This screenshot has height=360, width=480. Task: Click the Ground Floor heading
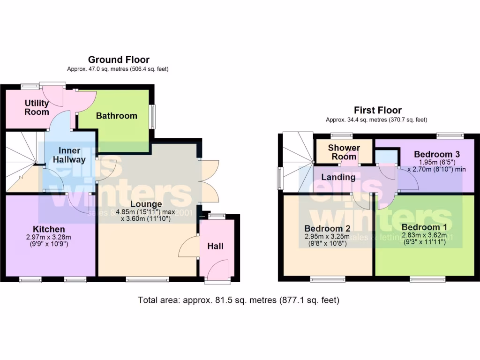tap(119, 60)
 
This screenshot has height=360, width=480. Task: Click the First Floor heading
tap(377, 110)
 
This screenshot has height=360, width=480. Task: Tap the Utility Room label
tap(37, 107)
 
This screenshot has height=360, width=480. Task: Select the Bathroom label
tap(117, 115)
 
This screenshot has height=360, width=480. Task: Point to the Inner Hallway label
tap(72, 155)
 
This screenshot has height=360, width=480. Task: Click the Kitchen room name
tap(49, 229)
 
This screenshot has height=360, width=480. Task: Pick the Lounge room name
tap(146, 204)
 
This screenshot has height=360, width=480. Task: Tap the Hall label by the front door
tap(216, 246)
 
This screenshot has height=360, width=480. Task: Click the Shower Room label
tap(344, 152)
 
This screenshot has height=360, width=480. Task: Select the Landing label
tap(338, 177)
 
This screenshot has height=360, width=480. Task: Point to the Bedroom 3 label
tap(437, 154)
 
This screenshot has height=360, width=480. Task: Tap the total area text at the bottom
tap(239, 300)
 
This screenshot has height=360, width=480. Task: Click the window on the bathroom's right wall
tap(152, 116)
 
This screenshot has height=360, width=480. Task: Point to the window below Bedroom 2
tap(327, 280)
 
